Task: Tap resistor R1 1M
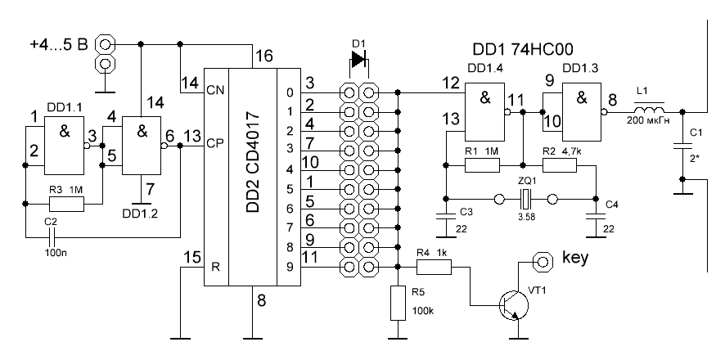tap(482, 165)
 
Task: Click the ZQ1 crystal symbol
tap(524, 198)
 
